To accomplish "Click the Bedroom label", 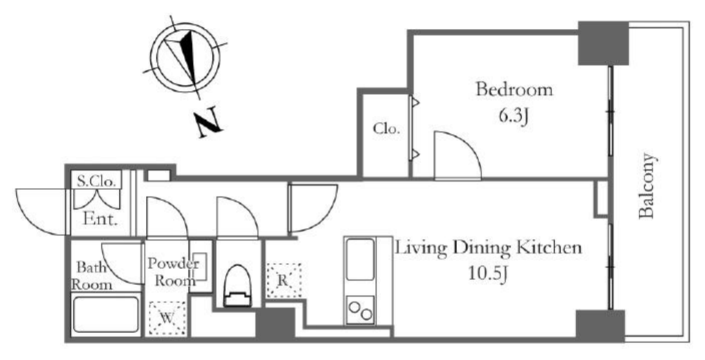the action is tap(514, 90).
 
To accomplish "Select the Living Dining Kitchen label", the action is tap(488, 248).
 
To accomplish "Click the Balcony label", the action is tap(646, 186).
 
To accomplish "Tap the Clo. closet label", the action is tap(386, 129).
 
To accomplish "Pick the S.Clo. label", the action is tap(97, 182).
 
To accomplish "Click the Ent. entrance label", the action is tap(101, 220).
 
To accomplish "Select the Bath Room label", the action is tap(92, 276).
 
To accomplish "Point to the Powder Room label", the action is tap(173, 273).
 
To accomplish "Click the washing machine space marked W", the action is tap(167, 318).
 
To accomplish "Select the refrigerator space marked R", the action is tap(283, 280).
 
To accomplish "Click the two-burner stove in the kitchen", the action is tap(360, 310).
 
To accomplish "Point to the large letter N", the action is tap(208, 123).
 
